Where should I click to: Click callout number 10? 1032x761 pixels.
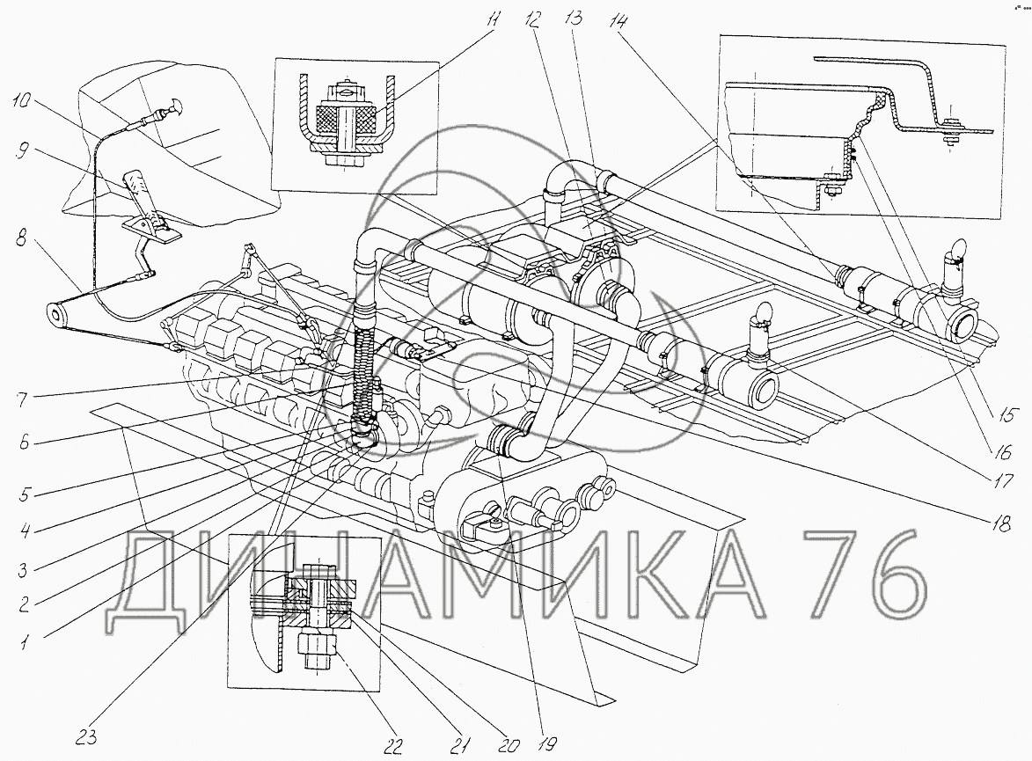tap(22, 102)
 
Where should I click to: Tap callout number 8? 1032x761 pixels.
tap(22, 238)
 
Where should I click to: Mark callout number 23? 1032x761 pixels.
tap(85, 736)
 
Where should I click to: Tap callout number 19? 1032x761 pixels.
tap(546, 743)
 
